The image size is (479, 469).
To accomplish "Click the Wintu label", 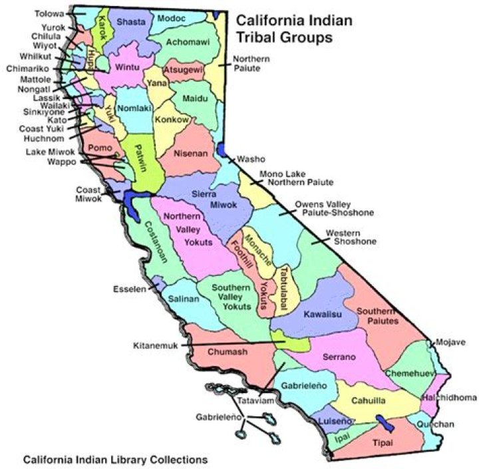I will (x=126, y=67).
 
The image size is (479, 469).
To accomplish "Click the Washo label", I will (x=251, y=159).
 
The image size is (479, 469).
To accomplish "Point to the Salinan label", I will (x=183, y=299).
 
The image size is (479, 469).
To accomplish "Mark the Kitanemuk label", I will (x=156, y=345).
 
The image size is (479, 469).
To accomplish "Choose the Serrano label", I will (x=339, y=357).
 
